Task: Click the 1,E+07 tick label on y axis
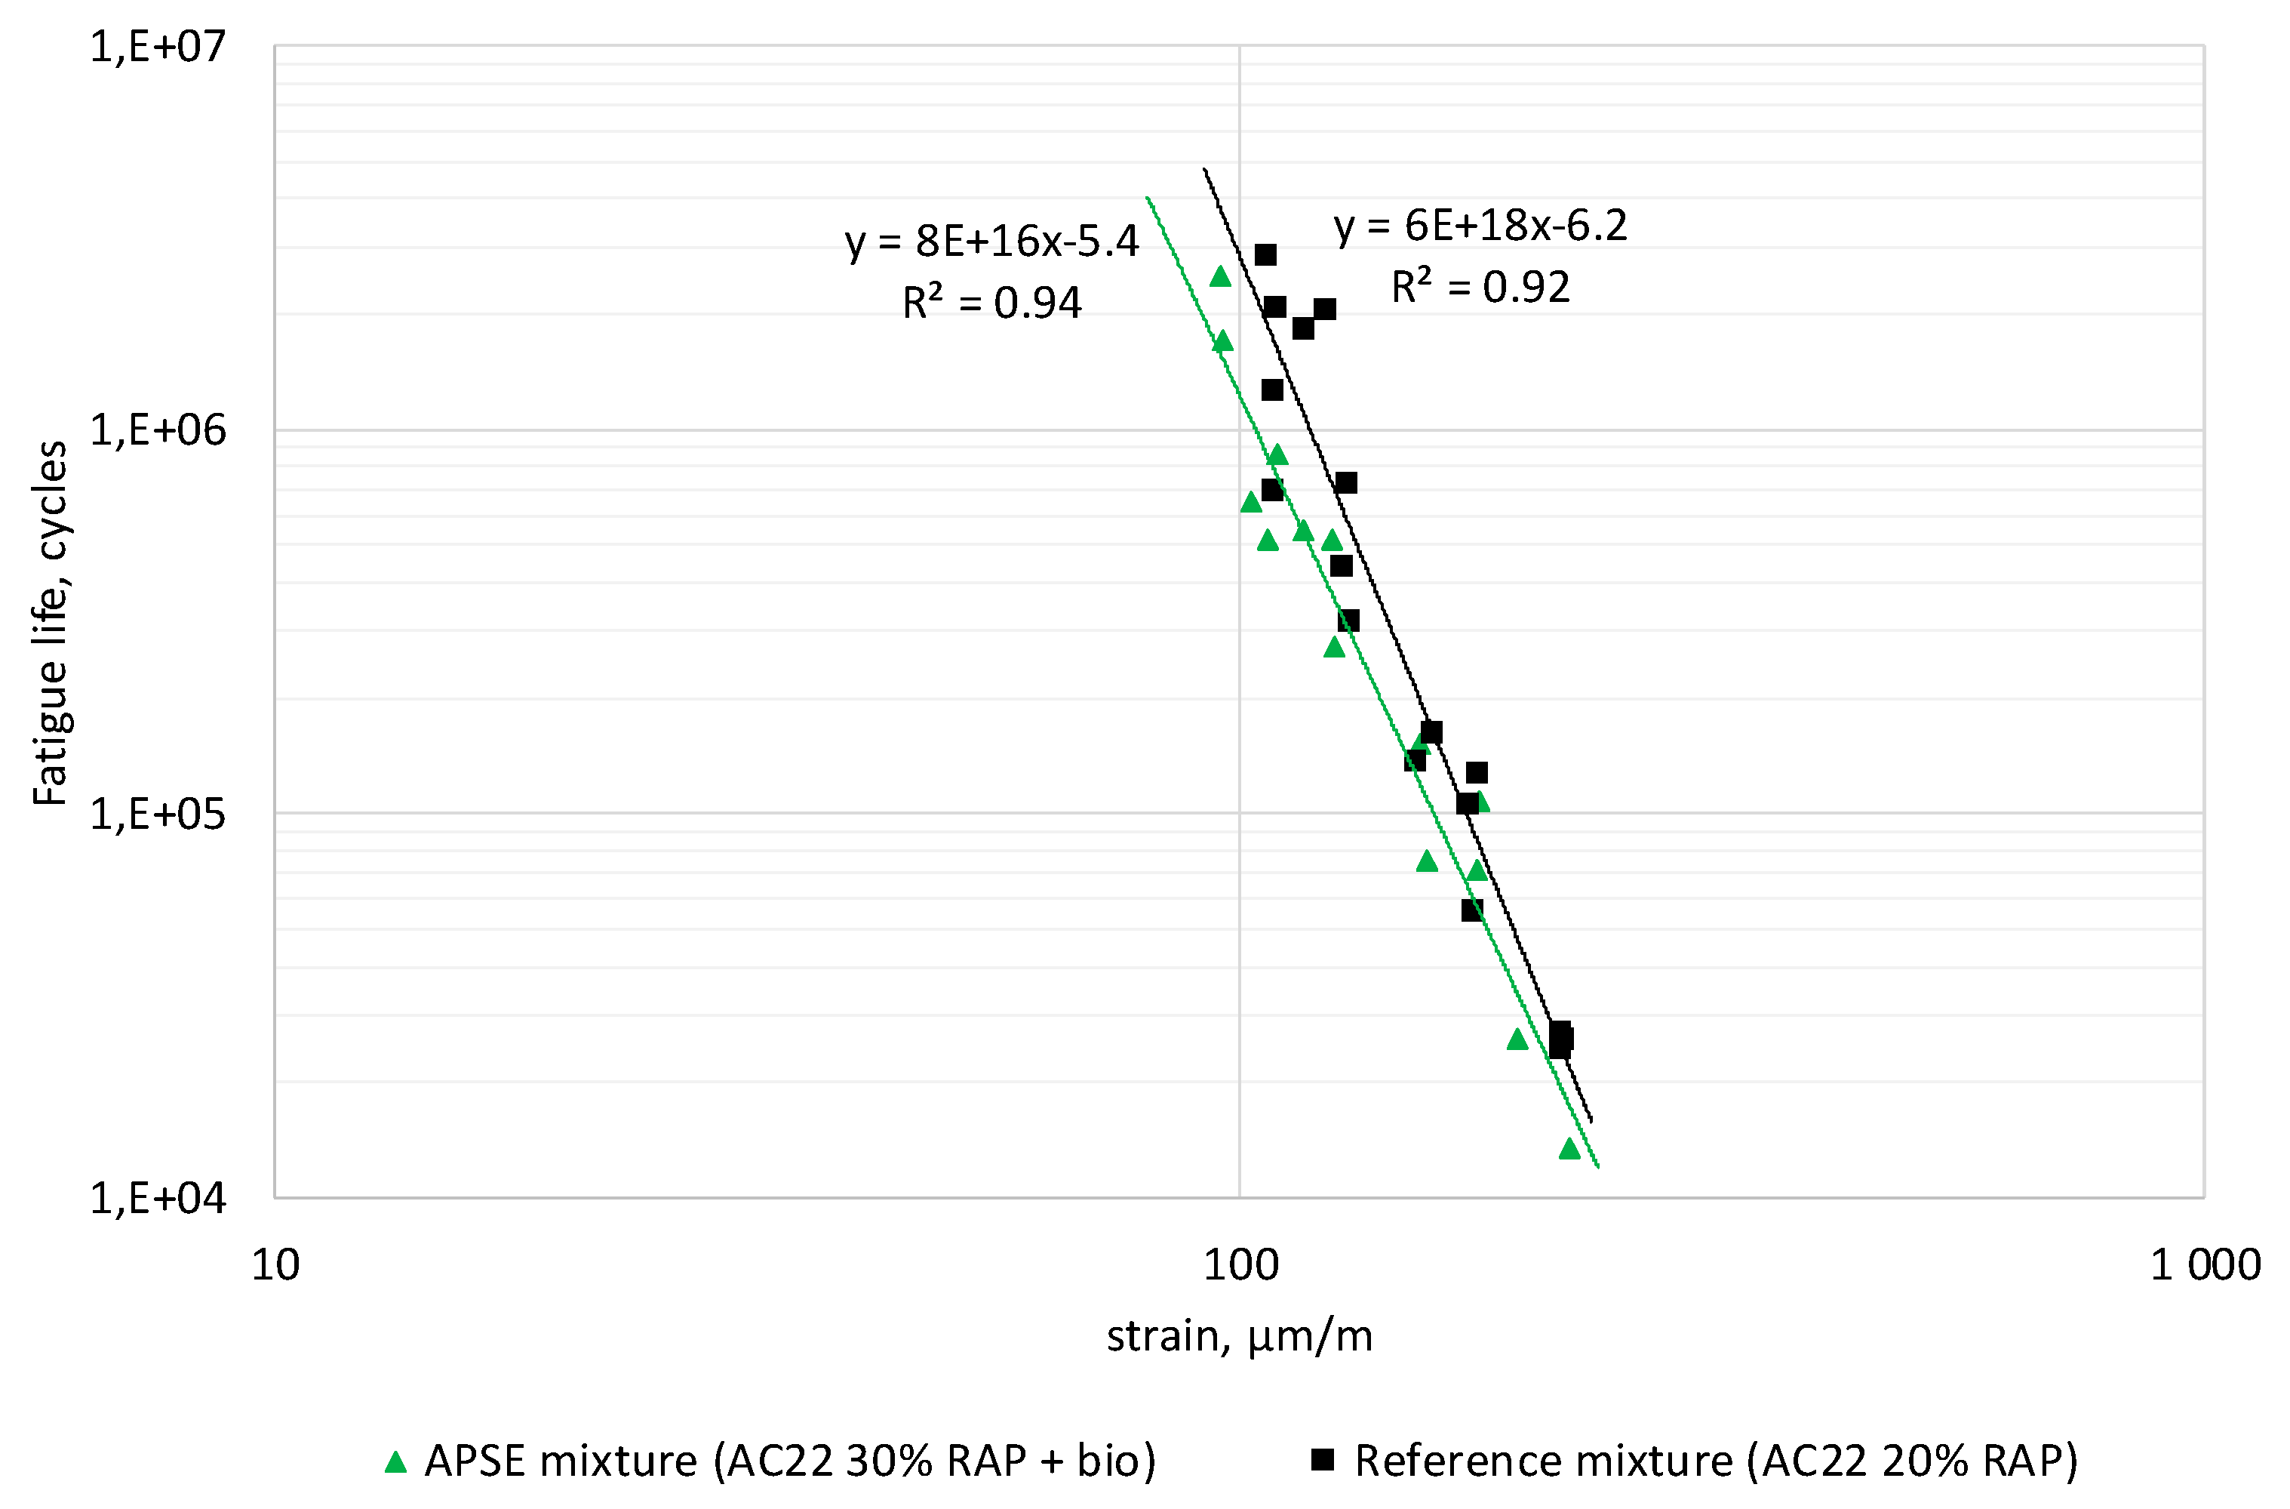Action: click(x=158, y=47)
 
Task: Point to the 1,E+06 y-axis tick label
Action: click(x=158, y=430)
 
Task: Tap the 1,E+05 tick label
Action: click(x=158, y=815)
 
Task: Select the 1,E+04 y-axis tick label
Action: click(x=158, y=1199)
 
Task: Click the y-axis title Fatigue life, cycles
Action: click(x=50, y=623)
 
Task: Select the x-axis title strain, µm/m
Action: click(x=1239, y=1337)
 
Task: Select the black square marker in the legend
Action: click(x=1323, y=1460)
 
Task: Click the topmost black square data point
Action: click(x=1265, y=254)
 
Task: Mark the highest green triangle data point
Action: click(x=1220, y=277)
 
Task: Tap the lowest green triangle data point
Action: click(x=1569, y=1149)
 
